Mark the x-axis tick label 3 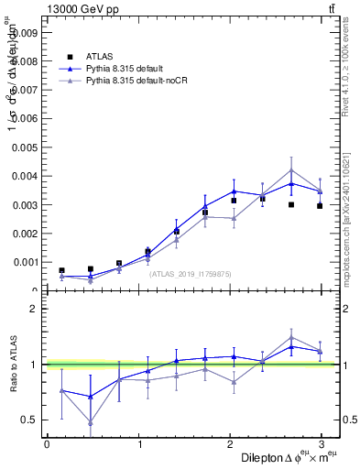(322, 444)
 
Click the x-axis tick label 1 (138, 444)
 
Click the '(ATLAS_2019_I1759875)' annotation (191, 274)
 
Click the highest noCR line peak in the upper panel (291, 169)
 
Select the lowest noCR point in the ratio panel (90, 422)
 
